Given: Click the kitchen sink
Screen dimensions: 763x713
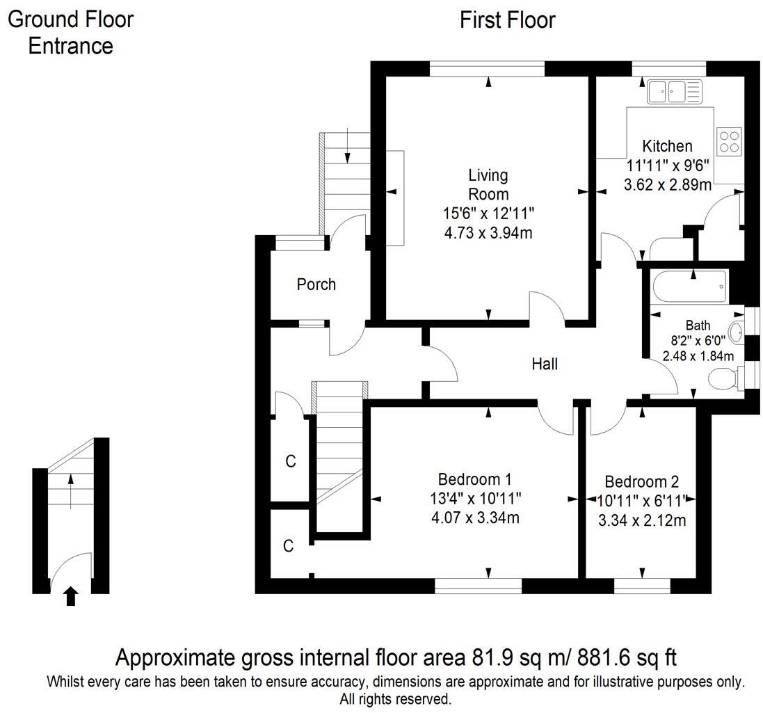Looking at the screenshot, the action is pyautogui.click(x=675, y=91).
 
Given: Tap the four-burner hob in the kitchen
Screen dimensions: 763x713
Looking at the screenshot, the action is pyautogui.click(x=730, y=141).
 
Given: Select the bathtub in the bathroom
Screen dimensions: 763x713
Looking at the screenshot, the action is pyautogui.click(x=691, y=287).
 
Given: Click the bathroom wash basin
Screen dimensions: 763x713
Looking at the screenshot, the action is pyautogui.click(x=737, y=333).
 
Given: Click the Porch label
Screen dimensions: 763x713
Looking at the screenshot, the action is pyautogui.click(x=316, y=285).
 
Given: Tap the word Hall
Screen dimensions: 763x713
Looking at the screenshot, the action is pyautogui.click(x=545, y=364).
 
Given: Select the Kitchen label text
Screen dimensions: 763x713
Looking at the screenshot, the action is pyautogui.click(x=667, y=146).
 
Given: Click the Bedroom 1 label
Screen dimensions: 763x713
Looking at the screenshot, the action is pyautogui.click(x=474, y=479).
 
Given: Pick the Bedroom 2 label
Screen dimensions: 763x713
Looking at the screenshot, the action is pyautogui.click(x=641, y=482).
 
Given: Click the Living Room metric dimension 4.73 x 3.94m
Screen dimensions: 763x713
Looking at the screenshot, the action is pyautogui.click(x=488, y=232).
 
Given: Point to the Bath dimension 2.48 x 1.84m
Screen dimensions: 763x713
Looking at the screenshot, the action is pyautogui.click(x=698, y=355).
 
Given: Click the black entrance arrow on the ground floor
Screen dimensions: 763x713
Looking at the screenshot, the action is pyautogui.click(x=71, y=595).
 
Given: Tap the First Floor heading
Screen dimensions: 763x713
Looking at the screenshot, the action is pyautogui.click(x=508, y=20).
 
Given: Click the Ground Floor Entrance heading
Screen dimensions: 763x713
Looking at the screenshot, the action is pyautogui.click(x=71, y=33).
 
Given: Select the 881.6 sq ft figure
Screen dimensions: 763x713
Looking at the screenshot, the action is pyautogui.click(x=627, y=657).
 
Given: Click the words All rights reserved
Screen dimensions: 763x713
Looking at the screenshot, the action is pyautogui.click(x=396, y=699).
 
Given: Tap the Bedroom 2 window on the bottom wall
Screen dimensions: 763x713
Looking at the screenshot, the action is pyautogui.click(x=642, y=585).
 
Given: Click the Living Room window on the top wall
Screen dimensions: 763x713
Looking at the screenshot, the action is pyautogui.click(x=487, y=69).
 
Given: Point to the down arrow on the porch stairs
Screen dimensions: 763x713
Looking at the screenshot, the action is pyautogui.click(x=347, y=145).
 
